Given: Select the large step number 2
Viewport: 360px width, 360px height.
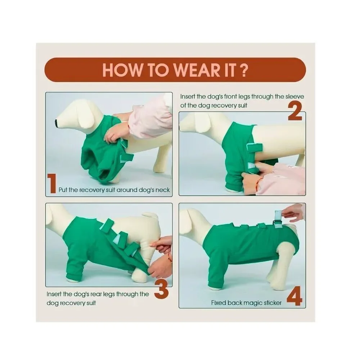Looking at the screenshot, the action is tap(295, 111).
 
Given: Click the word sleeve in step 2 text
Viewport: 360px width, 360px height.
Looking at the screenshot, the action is tap(294, 96).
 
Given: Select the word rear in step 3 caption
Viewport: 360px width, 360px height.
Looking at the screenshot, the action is tap(96, 294).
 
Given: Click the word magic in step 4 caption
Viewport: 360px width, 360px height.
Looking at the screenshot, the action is tap(253, 303).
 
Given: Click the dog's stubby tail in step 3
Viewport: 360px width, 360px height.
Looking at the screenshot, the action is tap(150, 216).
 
